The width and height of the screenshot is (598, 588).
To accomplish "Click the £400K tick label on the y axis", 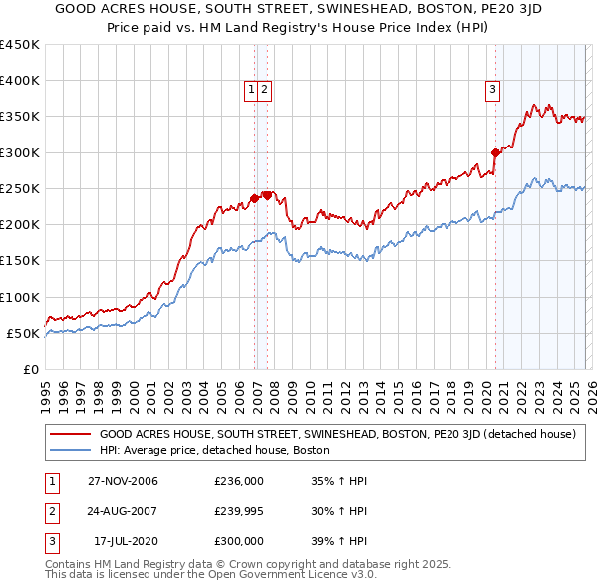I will point(20,81).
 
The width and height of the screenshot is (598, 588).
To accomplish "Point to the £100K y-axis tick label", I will point(20,297).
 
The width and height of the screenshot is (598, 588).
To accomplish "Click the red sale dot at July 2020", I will point(495,152).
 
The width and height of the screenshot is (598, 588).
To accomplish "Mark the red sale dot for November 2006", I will point(255,198).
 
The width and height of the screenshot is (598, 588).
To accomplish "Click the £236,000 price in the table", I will point(239,481).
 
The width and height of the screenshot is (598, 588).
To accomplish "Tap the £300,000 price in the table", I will point(239,541).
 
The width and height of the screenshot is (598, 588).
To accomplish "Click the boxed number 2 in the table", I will point(51,511).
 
